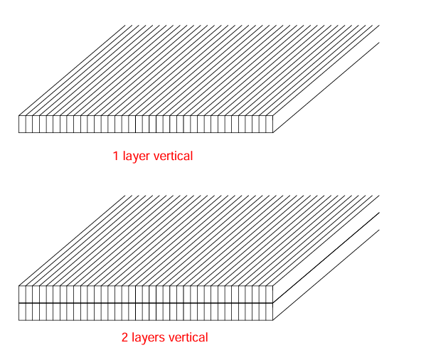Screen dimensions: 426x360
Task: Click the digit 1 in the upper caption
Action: tap(116, 156)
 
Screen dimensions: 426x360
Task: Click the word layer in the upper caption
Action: tap(136, 157)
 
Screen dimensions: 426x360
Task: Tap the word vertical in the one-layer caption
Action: tap(173, 156)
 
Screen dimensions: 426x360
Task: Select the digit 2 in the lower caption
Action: tap(124, 337)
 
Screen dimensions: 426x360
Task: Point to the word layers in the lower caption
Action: tap(149, 338)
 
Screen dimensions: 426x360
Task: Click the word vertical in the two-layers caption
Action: tap(188, 337)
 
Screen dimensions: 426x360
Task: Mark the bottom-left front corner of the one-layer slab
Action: tap(18, 132)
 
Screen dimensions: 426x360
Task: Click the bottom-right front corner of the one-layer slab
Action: tap(273, 132)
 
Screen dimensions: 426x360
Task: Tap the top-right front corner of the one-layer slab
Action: tap(273, 116)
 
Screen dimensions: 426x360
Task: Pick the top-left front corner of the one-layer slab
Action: tap(18, 116)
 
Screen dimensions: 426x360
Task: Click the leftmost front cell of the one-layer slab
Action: tap(22, 125)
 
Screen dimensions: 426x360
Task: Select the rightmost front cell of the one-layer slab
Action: tap(270, 125)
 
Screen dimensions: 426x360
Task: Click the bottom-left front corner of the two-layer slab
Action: tap(18, 320)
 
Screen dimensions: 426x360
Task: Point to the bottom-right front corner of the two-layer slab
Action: tap(273, 320)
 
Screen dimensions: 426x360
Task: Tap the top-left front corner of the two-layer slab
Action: tap(18, 285)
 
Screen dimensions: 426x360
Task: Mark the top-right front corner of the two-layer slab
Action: tap(273, 285)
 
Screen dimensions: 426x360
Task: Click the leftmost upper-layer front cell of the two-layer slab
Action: tap(22, 295)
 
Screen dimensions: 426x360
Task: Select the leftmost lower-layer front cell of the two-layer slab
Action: tap(22, 312)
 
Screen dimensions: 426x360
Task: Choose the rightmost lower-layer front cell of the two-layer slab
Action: tap(270, 312)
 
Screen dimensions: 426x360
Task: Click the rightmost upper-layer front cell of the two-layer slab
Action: tap(270, 295)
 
